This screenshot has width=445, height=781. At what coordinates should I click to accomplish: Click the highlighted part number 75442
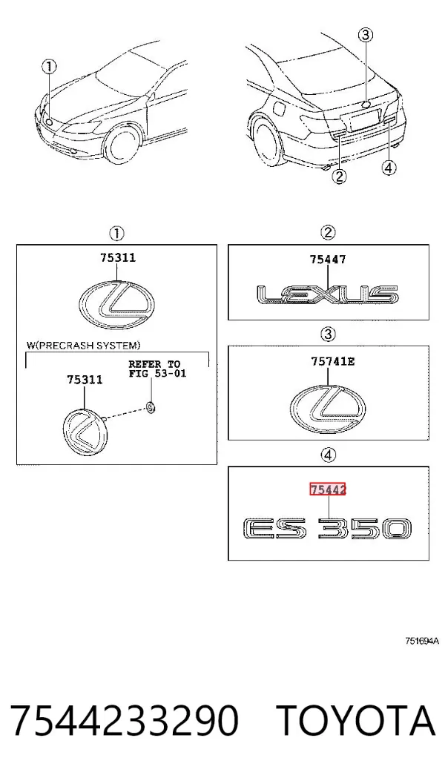pyautogui.click(x=327, y=490)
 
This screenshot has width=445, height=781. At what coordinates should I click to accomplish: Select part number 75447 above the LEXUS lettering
pyautogui.click(x=327, y=259)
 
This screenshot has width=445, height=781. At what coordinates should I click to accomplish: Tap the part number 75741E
pyautogui.click(x=333, y=362)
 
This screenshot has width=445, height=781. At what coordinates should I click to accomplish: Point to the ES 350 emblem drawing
pyautogui.click(x=327, y=529)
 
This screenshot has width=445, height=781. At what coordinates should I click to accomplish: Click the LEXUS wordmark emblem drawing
pyautogui.click(x=327, y=294)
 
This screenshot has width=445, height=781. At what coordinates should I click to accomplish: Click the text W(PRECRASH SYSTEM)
pyautogui.click(x=84, y=345)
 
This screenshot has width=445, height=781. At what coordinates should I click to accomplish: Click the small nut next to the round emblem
pyautogui.click(x=151, y=407)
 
